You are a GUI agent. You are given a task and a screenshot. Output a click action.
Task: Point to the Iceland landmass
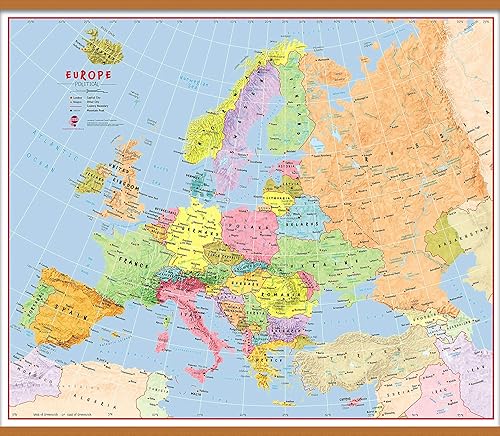[x=96, y=43]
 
